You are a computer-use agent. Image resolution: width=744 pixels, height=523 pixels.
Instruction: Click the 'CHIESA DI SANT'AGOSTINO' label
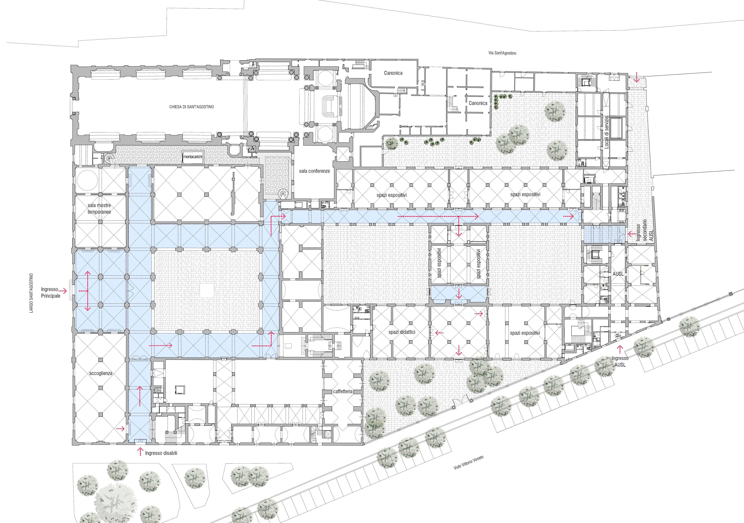click(192, 107)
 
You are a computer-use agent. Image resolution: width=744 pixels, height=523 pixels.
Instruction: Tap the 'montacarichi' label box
click(193, 157)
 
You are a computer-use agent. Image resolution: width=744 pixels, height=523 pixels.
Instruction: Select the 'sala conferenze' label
click(314, 171)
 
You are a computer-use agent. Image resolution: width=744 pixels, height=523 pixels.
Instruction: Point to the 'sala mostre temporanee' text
click(99, 209)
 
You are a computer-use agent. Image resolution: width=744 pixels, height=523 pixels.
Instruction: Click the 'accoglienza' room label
click(101, 373)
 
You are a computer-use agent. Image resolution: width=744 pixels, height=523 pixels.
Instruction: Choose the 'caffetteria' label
click(343, 391)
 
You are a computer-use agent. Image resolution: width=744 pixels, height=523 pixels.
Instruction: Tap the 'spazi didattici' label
click(402, 332)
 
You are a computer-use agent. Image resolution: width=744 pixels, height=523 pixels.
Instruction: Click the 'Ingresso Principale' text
click(50, 292)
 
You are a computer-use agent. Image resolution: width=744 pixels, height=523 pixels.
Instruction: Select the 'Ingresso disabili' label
click(161, 453)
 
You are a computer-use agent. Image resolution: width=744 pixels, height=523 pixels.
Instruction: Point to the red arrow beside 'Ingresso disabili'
click(140, 451)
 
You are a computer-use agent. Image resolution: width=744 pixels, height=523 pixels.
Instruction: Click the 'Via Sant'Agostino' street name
click(502, 53)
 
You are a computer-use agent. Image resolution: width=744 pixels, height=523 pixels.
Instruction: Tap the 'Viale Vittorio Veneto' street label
click(469, 462)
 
